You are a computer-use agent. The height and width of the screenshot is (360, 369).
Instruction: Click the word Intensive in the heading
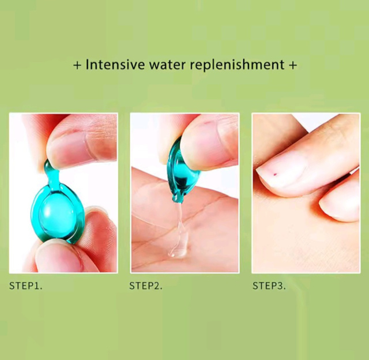115,64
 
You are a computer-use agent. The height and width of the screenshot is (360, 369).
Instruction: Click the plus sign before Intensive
77,65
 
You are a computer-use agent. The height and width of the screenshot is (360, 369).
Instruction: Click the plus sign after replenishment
293,65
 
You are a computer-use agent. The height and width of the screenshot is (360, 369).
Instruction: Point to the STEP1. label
25,286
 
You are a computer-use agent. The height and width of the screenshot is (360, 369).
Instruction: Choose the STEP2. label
146,286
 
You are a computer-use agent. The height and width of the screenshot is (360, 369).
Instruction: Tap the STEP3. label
269,286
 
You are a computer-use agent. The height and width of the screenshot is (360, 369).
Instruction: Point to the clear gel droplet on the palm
177,252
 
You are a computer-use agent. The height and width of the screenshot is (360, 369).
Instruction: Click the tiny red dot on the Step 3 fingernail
274,174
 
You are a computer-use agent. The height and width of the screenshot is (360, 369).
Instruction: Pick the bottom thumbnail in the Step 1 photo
59,257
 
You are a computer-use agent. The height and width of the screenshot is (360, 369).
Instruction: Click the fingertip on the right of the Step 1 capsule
99,226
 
